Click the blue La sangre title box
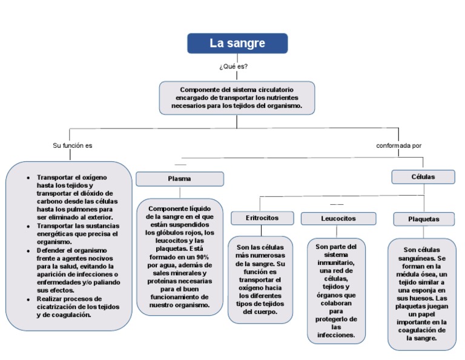click(237, 44)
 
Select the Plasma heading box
click(179, 179)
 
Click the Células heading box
click(423, 177)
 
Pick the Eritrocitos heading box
click(262, 218)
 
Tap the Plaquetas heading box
click(424, 219)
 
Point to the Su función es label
click(73, 145)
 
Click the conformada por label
click(398, 145)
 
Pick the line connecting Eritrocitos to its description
click(262, 231)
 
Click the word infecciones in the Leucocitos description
click(336, 335)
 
